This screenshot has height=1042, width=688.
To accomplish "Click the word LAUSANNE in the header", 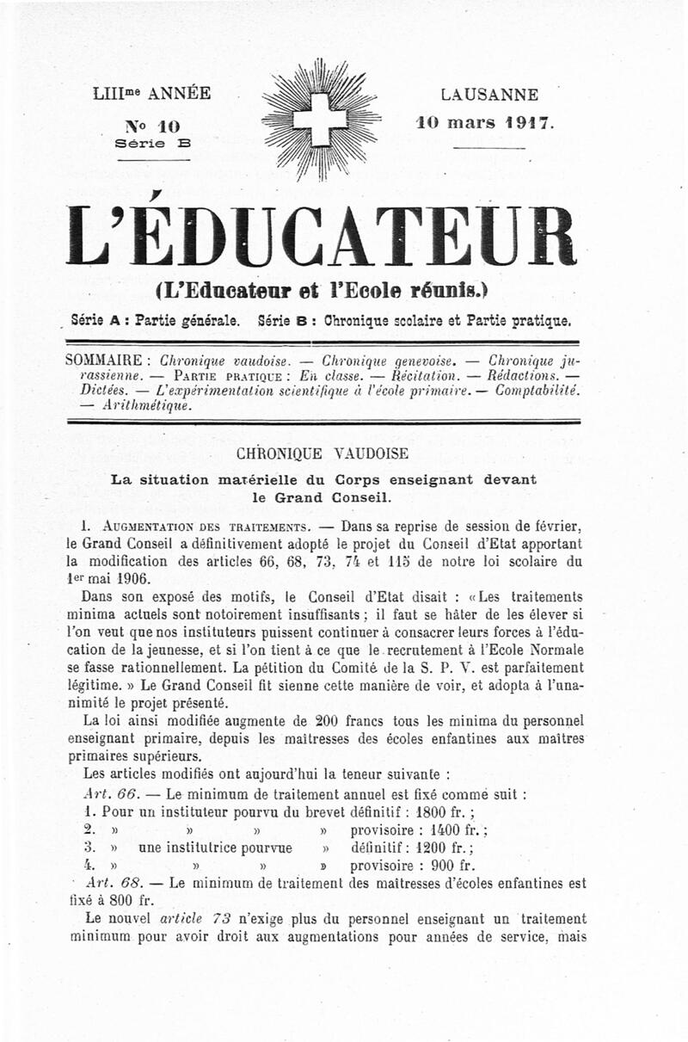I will pyautogui.click(x=488, y=95).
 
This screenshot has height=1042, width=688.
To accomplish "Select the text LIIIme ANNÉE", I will pyautogui.click(x=150, y=94).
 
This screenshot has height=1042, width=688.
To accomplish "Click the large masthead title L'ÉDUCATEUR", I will pyautogui.click(x=321, y=235).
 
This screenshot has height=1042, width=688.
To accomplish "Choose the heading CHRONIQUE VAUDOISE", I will pyautogui.click(x=322, y=453).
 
